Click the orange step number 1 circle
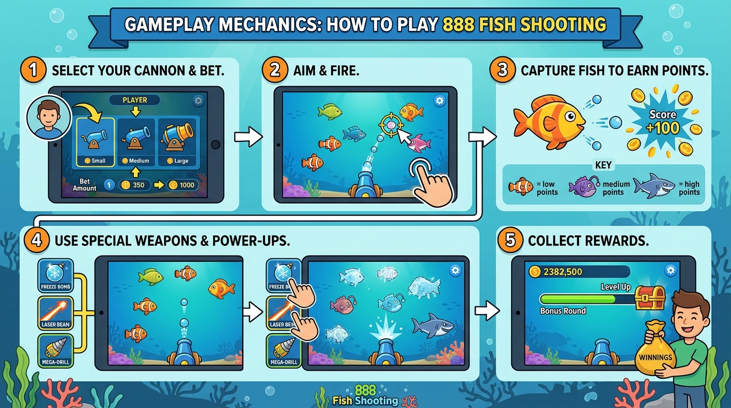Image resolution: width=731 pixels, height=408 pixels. pos(34,71)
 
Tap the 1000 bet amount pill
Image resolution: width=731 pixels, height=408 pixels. pos(183,185)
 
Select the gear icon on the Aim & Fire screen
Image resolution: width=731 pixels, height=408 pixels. pos(439,101)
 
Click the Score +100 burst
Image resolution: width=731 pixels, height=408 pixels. pos(663,122)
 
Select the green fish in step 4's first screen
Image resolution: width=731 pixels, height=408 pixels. pos(150,276)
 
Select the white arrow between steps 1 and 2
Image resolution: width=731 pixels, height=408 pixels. pos(248,138)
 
